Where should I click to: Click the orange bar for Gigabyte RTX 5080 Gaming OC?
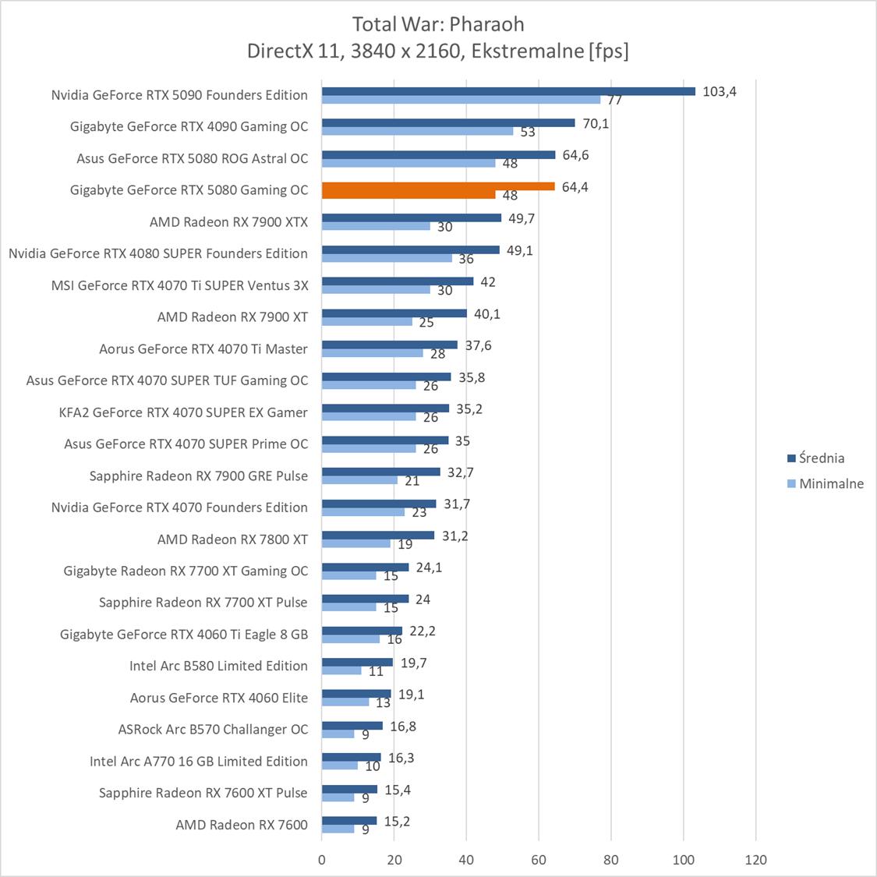438,186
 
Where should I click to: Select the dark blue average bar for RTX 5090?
508,91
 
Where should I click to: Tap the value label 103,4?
719,91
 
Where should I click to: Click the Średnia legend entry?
821,458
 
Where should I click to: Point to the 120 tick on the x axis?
755,860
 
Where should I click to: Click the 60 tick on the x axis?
539,860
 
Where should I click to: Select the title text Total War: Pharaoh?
438,23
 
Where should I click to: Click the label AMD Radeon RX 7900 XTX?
228,222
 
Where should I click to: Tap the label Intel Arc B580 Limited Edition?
218,666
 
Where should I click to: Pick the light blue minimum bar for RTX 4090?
417,131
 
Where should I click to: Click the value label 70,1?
596,123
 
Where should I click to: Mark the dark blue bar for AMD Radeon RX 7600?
349,821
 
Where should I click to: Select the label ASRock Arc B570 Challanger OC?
213,730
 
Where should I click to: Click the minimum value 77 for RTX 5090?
614,100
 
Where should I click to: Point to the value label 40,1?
487,314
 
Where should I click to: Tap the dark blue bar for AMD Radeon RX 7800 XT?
378,536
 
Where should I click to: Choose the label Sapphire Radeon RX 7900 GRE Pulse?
199,476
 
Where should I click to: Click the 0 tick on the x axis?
322,860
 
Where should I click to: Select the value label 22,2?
422,631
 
